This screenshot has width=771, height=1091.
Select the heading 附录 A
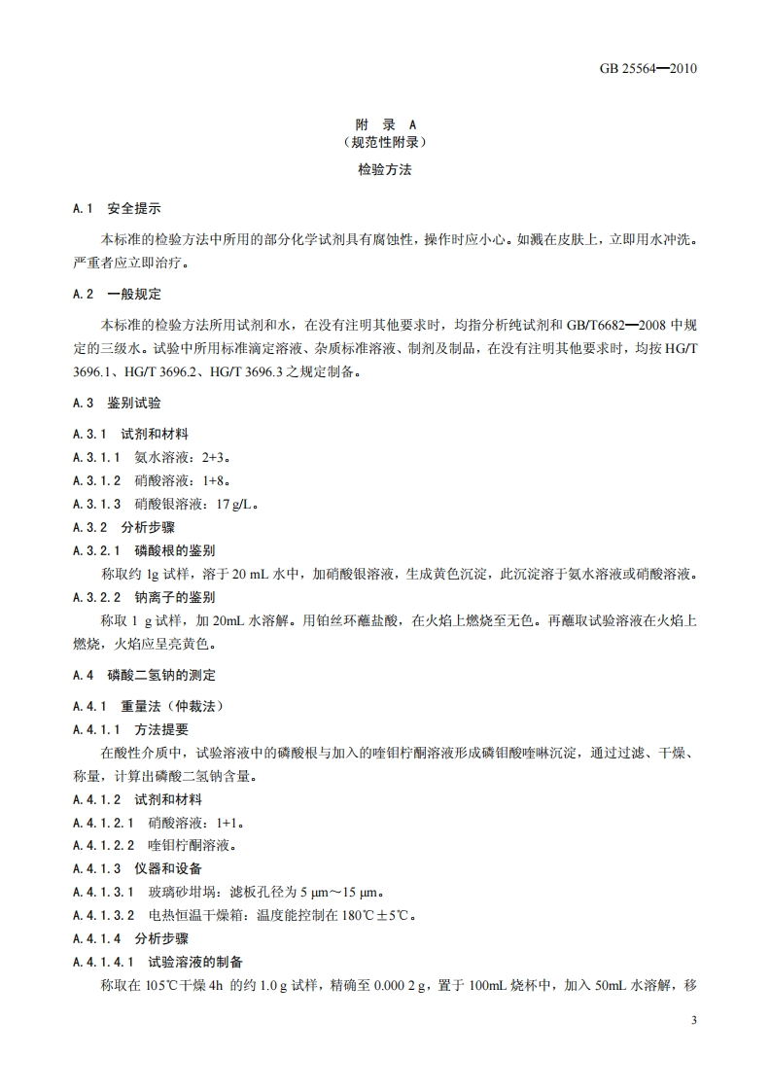[x=384, y=124]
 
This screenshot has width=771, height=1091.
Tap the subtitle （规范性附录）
[x=384, y=142]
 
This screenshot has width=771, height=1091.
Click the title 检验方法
[x=385, y=169]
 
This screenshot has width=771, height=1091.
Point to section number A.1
[x=83, y=209]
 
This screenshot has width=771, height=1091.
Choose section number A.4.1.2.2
[x=104, y=846]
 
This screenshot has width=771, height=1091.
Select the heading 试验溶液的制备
[x=195, y=962]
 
